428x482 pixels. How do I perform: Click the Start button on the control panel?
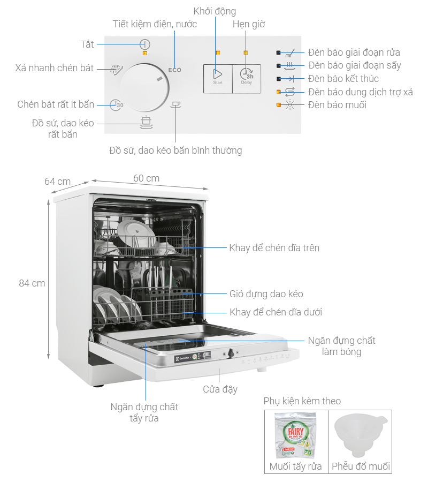(218, 78)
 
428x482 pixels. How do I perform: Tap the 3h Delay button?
(247, 78)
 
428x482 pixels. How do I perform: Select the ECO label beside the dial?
(175, 70)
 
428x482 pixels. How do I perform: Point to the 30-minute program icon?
(117, 105)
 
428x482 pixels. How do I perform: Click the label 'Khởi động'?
(215, 11)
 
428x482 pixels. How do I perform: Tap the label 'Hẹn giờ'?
(249, 24)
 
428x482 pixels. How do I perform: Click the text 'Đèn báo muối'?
(337, 105)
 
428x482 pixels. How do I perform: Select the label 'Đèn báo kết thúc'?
(343, 79)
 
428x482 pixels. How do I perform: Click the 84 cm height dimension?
(32, 283)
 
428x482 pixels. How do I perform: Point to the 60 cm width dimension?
(146, 178)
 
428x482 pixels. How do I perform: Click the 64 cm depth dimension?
(57, 182)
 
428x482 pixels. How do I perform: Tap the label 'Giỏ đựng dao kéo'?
(266, 294)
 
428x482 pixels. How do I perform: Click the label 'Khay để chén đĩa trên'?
(274, 247)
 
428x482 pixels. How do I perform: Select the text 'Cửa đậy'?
(220, 389)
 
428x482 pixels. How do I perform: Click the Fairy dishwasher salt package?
(296, 435)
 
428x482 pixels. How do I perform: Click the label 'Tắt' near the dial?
(87, 44)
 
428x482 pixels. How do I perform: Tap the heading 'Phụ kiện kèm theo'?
(302, 401)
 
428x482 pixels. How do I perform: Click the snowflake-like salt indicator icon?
(291, 105)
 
